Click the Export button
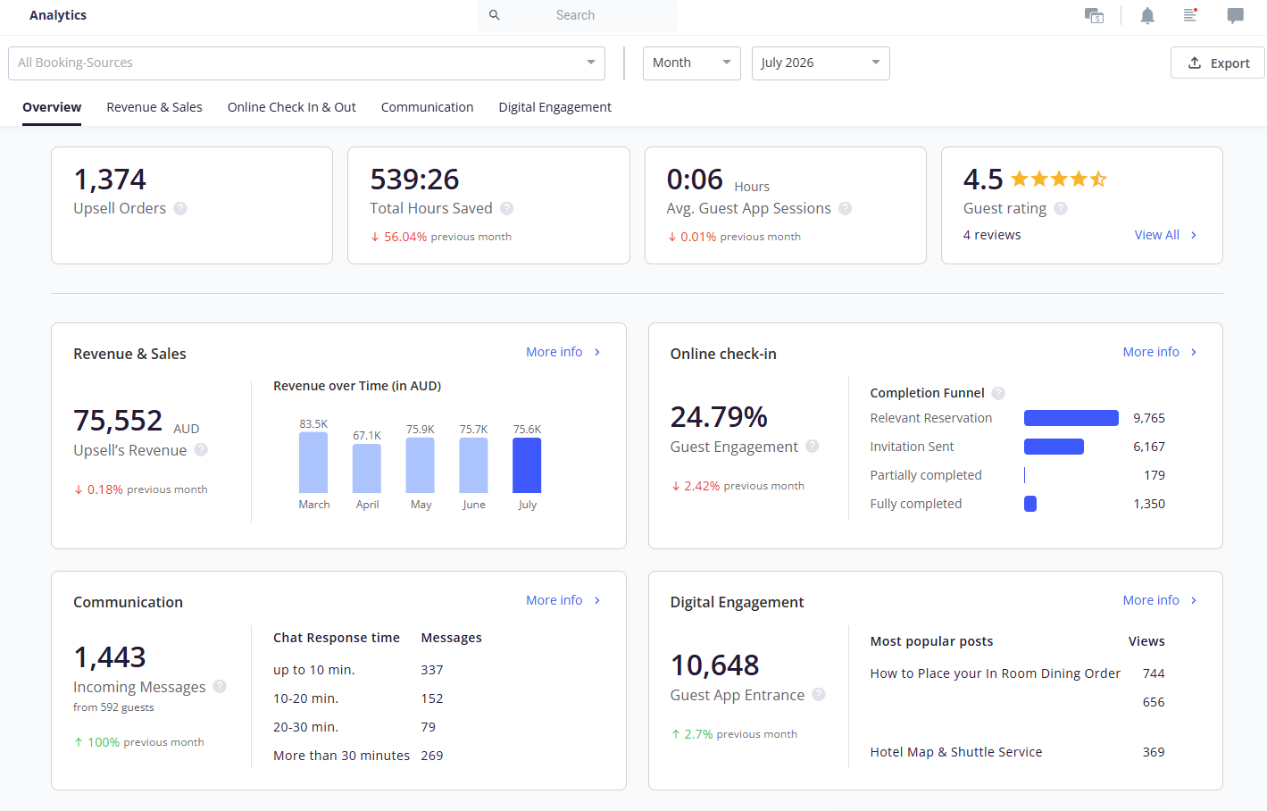(x=1217, y=63)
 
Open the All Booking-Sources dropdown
(x=306, y=63)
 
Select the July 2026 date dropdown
(x=821, y=63)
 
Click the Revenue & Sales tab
(x=154, y=107)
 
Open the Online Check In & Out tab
(x=291, y=107)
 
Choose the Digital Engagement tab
(x=554, y=107)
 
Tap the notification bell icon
(x=1147, y=15)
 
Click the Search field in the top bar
(x=577, y=15)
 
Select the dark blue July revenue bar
(x=527, y=465)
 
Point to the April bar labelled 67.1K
(x=366, y=468)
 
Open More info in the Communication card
(x=563, y=600)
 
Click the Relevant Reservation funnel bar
(x=1071, y=418)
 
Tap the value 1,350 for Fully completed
(x=1149, y=504)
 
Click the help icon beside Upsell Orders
(x=179, y=208)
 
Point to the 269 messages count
(x=431, y=756)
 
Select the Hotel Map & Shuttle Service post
(x=956, y=751)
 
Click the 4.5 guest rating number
(x=983, y=179)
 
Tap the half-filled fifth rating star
(x=1098, y=179)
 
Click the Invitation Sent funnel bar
(x=1054, y=447)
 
